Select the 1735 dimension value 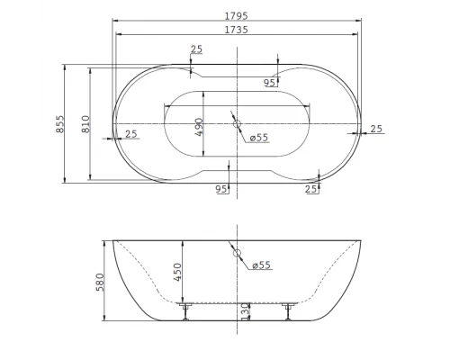(x=238, y=30)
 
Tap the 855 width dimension (x=60, y=124)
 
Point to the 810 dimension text (x=85, y=124)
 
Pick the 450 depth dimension (x=178, y=271)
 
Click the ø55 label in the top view (x=259, y=138)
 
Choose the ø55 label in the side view (x=261, y=265)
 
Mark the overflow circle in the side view (x=238, y=255)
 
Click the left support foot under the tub (x=185, y=310)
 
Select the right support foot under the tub (x=288, y=310)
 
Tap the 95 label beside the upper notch (x=269, y=83)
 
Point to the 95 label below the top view (x=220, y=189)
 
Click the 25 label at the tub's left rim (x=131, y=134)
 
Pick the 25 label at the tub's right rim (x=375, y=129)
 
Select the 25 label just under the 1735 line (x=196, y=49)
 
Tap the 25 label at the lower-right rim (x=311, y=189)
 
